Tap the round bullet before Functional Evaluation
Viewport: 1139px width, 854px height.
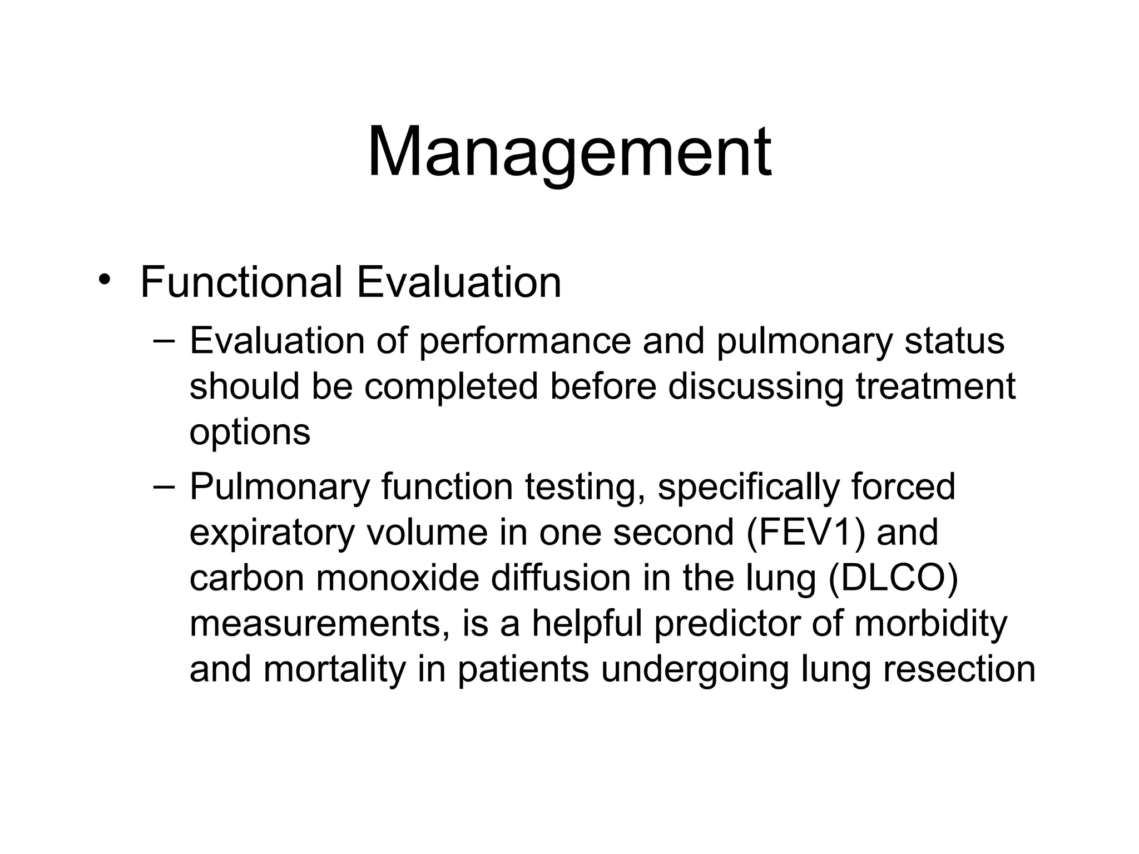[x=103, y=280]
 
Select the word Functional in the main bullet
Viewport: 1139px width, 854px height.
[x=241, y=282]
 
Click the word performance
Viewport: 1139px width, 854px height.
[x=524, y=341]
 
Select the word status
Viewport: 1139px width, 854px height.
[x=954, y=341]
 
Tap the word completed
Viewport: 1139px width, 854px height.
[x=451, y=386]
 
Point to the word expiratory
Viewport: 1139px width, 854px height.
[x=272, y=533]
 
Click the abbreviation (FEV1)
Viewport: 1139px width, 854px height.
[x=806, y=533]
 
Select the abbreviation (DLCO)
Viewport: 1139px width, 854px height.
[x=893, y=578]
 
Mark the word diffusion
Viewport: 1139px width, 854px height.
[x=561, y=578]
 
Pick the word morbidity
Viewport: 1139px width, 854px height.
[x=930, y=624]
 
